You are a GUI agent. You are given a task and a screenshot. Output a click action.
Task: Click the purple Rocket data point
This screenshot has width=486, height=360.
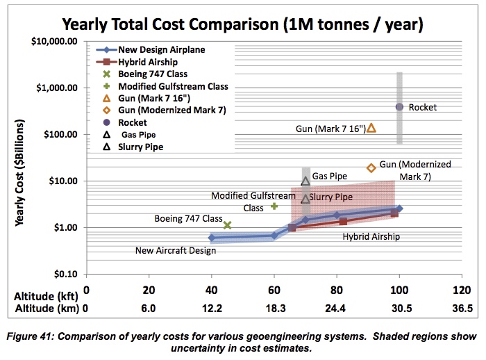coord(399,106)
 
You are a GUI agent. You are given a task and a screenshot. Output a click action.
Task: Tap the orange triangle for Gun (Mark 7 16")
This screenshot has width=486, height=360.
coord(371,128)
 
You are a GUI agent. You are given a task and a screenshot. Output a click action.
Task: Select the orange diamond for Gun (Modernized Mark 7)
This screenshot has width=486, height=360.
coord(371,167)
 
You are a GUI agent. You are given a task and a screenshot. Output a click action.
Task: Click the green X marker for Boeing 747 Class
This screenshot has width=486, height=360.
coord(227,224)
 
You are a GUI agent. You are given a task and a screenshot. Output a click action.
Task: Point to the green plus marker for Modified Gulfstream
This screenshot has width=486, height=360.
coord(274,206)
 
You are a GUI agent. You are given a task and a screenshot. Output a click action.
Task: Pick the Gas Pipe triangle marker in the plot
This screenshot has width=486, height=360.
coord(305,181)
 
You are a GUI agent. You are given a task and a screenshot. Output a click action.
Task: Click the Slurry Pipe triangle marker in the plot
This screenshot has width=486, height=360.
coord(305,199)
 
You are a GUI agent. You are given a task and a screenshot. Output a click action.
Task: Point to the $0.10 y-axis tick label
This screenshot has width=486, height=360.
coord(63,274)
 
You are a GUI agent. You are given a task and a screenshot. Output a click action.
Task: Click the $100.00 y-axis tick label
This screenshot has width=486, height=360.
coord(60,134)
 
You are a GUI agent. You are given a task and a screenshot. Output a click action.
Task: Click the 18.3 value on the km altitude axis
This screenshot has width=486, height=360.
coord(274,308)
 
